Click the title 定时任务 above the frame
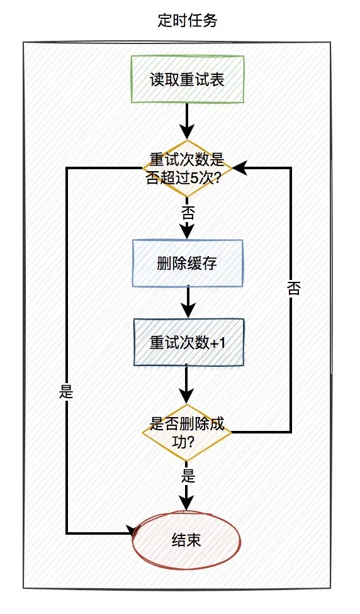point(187,21)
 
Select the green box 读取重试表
point(187,79)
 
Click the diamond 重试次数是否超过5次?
point(188,168)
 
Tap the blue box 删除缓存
point(187,264)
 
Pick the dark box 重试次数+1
point(188,342)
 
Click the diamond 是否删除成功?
point(187,432)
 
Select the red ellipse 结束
point(187,540)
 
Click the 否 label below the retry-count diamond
point(188,211)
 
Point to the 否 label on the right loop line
point(293,289)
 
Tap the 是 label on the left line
point(66,391)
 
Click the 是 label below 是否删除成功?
point(188,475)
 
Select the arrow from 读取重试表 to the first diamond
point(188,120)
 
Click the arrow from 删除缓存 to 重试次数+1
point(188,301)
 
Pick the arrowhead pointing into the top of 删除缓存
point(188,232)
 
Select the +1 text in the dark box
point(216,343)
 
